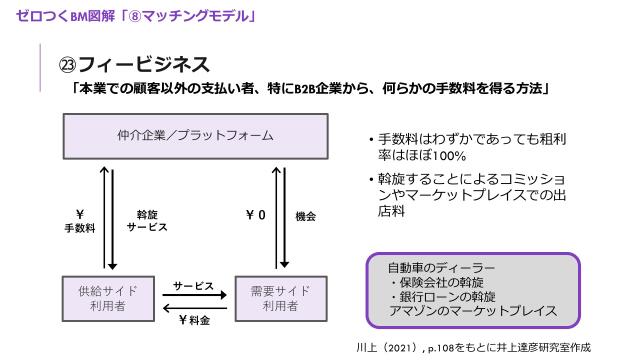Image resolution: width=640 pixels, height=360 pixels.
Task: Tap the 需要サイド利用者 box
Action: pos(280,298)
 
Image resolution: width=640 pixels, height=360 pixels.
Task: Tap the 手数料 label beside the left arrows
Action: pos(79,229)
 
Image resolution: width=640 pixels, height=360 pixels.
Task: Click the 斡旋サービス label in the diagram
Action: pos(147,221)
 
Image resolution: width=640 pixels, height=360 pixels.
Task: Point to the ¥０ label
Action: pos(255,215)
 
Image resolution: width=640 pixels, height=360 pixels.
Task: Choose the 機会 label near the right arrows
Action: pos(306,215)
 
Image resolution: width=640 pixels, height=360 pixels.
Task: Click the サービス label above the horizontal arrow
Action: pos(193,286)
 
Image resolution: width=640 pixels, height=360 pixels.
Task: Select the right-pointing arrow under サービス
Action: pos(193,297)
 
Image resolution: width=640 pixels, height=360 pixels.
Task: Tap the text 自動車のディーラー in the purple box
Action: pos(440,268)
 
